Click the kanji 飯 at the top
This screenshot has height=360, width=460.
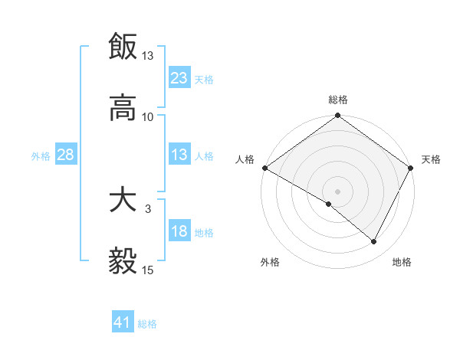[123, 47]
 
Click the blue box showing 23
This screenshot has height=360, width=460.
[179, 78]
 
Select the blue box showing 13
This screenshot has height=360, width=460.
[179, 155]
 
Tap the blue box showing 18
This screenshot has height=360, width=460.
[179, 232]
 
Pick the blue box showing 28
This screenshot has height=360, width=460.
[66, 155]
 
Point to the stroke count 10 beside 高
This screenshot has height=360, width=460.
[148, 116]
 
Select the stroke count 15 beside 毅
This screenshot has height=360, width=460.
[148, 270]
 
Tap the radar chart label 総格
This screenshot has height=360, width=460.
[338, 100]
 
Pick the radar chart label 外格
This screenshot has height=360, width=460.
[270, 262]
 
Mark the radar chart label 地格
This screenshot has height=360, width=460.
[402, 262]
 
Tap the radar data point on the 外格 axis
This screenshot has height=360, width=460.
[329, 204]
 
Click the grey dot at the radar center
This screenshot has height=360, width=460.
[337, 191]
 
